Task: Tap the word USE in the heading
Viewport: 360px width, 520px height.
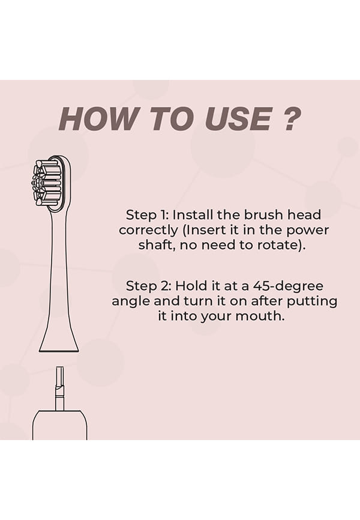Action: pyautogui.click(x=238, y=119)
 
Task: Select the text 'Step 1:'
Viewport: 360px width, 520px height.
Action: pyautogui.click(x=148, y=215)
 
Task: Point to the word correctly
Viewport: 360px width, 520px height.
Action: pyautogui.click(x=148, y=231)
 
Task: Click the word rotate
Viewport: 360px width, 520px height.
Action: pyautogui.click(x=277, y=246)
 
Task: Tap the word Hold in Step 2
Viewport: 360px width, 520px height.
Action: pyautogui.click(x=191, y=286)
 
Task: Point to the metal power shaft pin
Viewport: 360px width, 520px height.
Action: pyautogui.click(x=59, y=388)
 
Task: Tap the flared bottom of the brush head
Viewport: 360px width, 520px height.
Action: pyautogui.click(x=59, y=342)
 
